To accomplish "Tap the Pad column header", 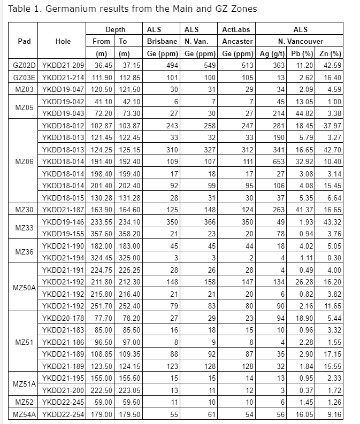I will [24, 41].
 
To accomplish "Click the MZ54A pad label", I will [24, 414].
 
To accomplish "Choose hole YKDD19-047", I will [63, 90].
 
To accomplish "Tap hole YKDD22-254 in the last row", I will [63, 414].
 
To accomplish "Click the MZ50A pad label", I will [24, 288].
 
